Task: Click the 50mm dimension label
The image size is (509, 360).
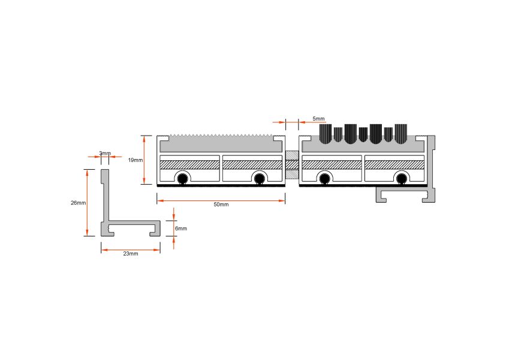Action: tap(221, 205)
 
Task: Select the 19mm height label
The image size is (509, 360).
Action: tap(135, 160)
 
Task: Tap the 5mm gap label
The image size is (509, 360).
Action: tap(318, 119)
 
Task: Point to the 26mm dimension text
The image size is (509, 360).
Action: tap(78, 203)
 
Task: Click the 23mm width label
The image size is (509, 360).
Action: tap(131, 253)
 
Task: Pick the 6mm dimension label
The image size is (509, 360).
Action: tap(181, 229)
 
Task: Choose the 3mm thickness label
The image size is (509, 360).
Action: tap(105, 153)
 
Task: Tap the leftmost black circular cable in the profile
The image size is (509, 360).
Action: tap(182, 178)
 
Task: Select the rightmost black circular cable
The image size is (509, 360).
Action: tap(402, 178)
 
